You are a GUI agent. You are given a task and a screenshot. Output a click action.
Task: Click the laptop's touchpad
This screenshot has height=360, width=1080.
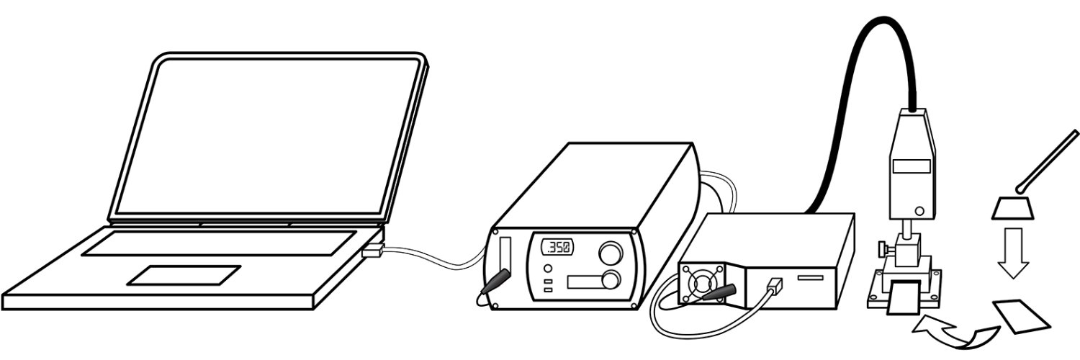tap(184, 275)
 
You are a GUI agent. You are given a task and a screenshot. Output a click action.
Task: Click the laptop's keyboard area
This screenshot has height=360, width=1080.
tap(220, 243)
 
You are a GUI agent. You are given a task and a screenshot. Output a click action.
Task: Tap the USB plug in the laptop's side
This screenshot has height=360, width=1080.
tap(373, 251)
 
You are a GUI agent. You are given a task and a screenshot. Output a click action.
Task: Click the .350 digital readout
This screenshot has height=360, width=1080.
tap(557, 248)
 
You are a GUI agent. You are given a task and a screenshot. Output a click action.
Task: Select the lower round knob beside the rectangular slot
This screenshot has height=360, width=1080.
tap(611, 281)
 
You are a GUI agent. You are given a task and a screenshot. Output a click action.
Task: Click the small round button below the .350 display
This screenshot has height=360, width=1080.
tap(547, 269)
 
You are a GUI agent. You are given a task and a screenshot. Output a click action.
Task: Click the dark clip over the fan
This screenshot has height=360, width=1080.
tap(719, 292)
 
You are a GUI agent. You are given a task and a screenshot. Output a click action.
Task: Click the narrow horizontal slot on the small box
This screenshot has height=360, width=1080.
tap(811, 278)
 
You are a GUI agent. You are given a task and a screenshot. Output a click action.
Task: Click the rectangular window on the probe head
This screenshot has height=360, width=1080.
tap(912, 166)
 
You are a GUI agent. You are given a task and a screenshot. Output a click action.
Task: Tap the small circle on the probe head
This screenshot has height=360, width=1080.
tap(920, 211)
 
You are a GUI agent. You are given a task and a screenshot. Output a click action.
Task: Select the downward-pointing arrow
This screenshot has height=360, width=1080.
tap(1014, 253)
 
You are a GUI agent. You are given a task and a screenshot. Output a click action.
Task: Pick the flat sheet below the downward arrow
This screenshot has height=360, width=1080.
tap(1021, 316)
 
